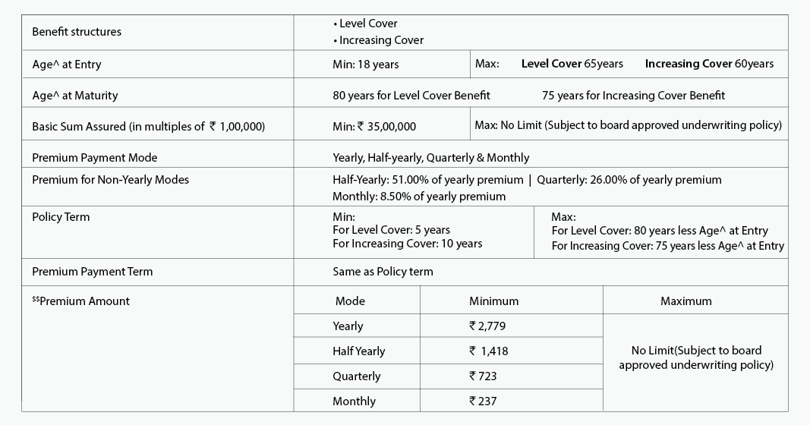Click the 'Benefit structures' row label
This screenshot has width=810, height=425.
click(77, 32)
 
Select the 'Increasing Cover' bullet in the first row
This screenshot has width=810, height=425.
click(380, 40)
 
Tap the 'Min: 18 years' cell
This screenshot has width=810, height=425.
click(365, 65)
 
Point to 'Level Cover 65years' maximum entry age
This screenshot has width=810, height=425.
click(572, 64)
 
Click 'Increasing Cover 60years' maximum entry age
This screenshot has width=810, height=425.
click(709, 64)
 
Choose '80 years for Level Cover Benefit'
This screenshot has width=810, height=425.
click(411, 96)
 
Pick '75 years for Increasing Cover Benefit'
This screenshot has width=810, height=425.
click(633, 96)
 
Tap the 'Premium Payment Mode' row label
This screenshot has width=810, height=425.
click(94, 158)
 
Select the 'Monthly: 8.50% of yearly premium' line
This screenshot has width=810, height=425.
click(418, 196)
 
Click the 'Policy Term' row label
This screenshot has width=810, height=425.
click(61, 217)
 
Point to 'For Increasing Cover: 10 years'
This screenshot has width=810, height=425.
click(407, 244)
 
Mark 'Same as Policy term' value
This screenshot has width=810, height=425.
click(383, 271)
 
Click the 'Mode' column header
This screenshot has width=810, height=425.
click(350, 301)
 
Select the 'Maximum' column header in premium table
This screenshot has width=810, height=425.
click(686, 301)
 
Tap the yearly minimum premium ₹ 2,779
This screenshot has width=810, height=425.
click(487, 326)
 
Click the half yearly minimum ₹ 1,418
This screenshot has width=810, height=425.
click(488, 351)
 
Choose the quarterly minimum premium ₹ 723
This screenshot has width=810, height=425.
click(483, 376)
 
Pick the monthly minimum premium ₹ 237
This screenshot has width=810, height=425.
click(483, 401)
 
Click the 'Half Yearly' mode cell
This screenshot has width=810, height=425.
click(358, 351)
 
